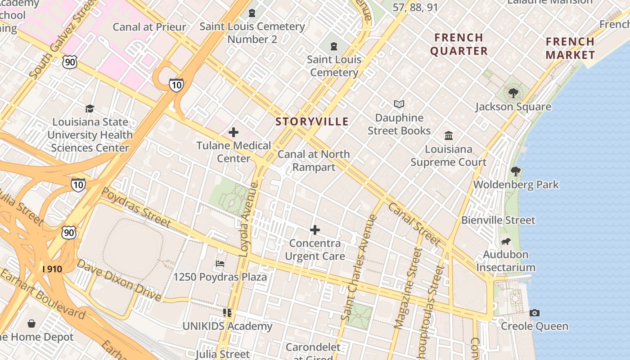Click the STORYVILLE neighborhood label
coord(312,121)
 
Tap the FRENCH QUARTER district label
coord(459,44)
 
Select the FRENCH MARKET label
coord(570,49)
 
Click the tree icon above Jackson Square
coord(513,93)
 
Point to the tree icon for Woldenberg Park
coord(516,171)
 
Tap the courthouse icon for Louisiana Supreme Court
coord(449,135)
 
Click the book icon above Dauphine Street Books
coord(399,104)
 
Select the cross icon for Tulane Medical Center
coord(234,132)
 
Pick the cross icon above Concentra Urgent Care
coord(315,230)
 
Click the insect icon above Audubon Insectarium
coord(506,241)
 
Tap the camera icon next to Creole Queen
coord(535,313)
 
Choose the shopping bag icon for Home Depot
coord(31,324)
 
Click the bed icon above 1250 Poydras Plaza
coord(220,264)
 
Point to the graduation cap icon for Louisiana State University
coord(90,108)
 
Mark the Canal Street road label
coord(413,224)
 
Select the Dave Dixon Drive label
coord(119,280)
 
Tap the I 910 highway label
coord(52,269)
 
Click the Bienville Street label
coord(498,220)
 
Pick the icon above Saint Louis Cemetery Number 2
coord(252,13)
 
